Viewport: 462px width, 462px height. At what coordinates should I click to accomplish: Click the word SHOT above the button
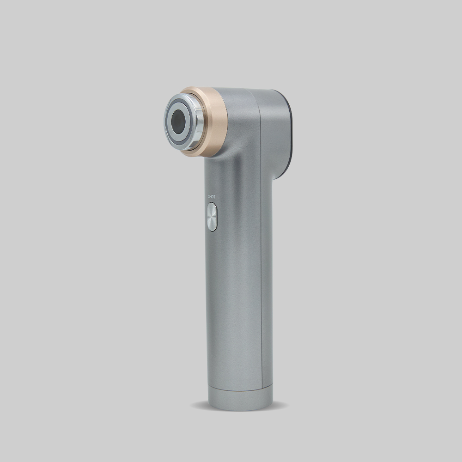tap(212, 196)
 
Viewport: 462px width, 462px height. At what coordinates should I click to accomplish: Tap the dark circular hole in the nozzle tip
tap(178, 122)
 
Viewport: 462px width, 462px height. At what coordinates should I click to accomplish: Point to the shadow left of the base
tap(200, 406)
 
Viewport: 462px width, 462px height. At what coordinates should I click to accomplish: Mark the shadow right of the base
tap(280, 406)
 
